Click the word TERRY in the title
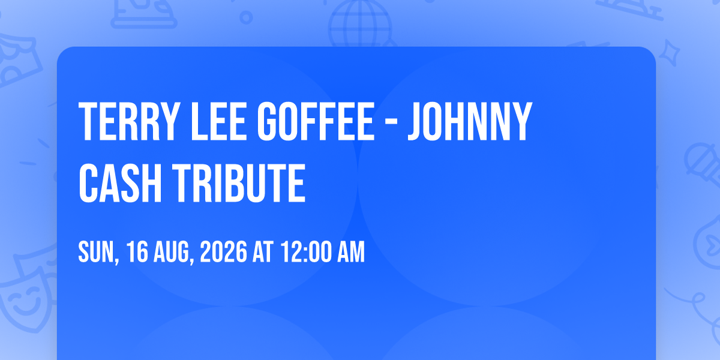pyautogui.click(x=129, y=121)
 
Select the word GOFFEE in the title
pyautogui.click(x=316, y=121)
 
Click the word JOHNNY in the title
pyautogui.click(x=470, y=121)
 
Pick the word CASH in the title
pyautogui.click(x=120, y=182)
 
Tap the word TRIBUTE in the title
pyautogui.click(x=239, y=182)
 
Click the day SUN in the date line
pyautogui.click(x=98, y=253)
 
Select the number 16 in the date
pyautogui.click(x=137, y=252)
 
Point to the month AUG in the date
pyautogui.click(x=173, y=253)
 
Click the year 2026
pyautogui.click(x=223, y=252)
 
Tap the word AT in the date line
pyautogui.click(x=263, y=252)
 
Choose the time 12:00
pyautogui.click(x=305, y=252)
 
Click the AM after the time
pyautogui.click(x=350, y=252)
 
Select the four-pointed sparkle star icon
pyautogui.click(x=669, y=53)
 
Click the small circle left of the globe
pyautogui.click(x=246, y=17)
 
